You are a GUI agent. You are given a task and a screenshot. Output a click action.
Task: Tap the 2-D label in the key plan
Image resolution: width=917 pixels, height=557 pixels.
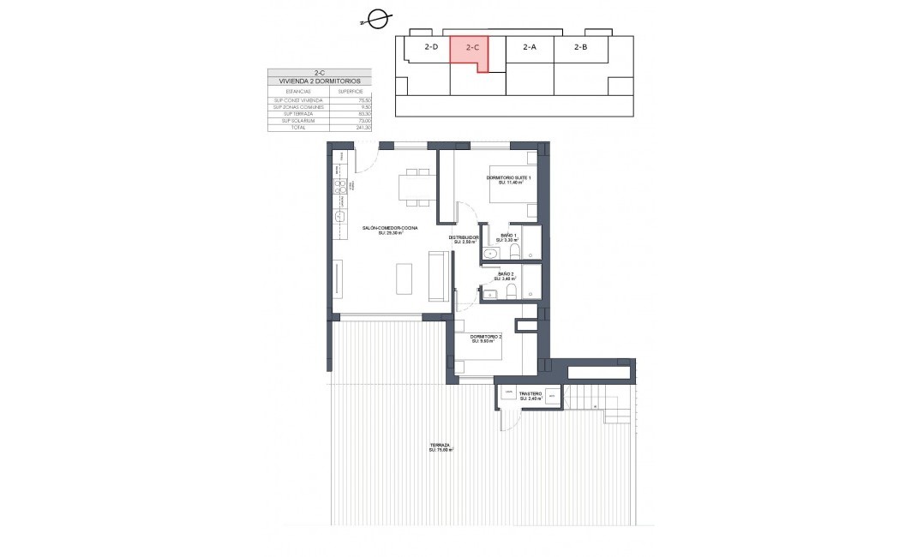click(431, 48)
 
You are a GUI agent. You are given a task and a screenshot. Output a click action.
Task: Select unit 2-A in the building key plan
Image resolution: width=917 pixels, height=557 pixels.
click(529, 48)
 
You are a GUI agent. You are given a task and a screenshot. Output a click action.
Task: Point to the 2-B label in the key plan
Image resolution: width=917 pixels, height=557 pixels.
click(580, 48)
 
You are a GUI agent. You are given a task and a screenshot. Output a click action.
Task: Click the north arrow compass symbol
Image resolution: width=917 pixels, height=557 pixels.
click(375, 18)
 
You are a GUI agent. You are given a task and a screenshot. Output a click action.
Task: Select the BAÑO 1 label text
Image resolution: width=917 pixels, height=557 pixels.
click(509, 236)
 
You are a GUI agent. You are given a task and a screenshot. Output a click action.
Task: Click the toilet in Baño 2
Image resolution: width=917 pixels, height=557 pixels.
click(511, 294)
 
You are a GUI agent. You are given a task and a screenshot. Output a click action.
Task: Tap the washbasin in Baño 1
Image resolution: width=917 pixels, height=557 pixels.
click(491, 254)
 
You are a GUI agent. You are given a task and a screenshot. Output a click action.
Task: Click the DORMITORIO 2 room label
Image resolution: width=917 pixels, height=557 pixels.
click(485, 338)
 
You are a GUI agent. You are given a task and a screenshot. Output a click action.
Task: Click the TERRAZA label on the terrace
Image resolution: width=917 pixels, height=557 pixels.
click(441, 446)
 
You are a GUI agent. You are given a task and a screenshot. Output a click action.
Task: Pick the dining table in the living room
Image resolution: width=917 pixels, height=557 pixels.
click(416, 187)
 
